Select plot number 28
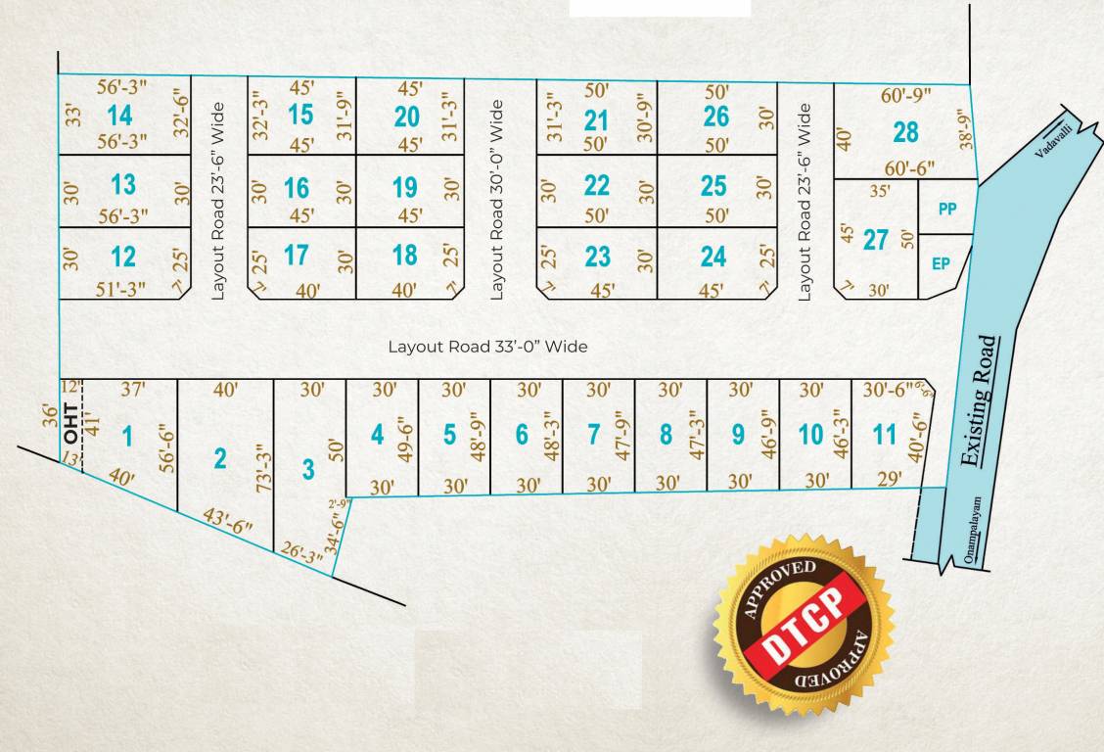(905, 130)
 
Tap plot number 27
(876, 239)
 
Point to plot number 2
(220, 457)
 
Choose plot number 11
(884, 434)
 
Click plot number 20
(406, 117)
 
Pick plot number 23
(597, 257)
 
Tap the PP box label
(946, 209)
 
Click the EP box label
(942, 263)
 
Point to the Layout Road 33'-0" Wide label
(487, 347)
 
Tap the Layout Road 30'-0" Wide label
(496, 199)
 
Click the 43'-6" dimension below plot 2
(226, 520)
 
